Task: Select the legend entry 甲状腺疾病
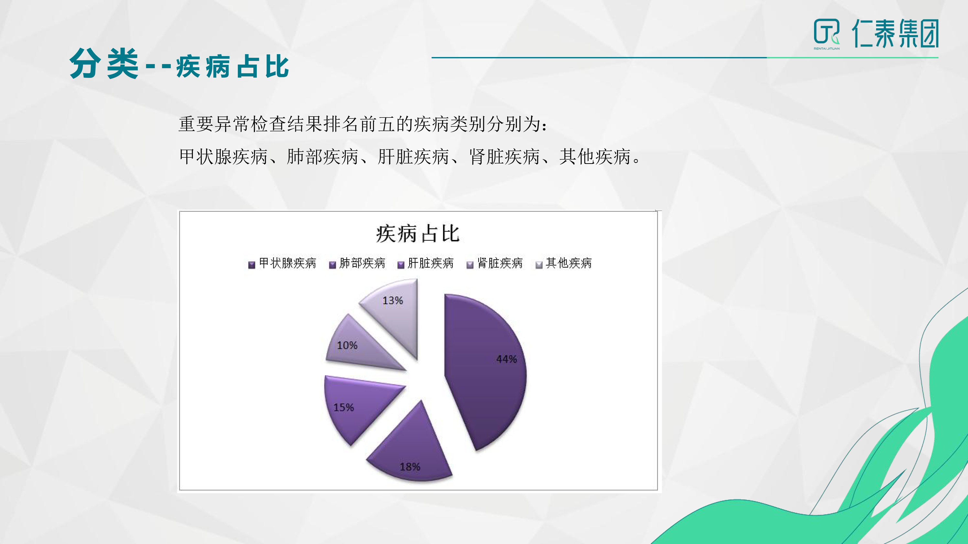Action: pos(283,263)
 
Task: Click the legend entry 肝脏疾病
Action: pos(426,263)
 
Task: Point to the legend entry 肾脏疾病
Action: pos(494,263)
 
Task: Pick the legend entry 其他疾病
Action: pos(564,263)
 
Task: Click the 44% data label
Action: pos(507,359)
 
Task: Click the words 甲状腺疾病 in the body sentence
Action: pos(223,157)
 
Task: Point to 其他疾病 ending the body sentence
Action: pos(595,157)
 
